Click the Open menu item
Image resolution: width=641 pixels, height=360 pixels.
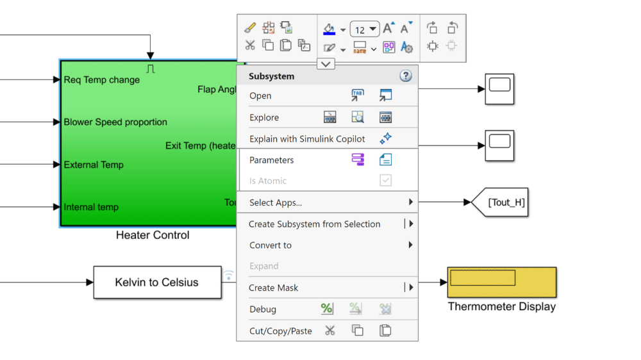(260, 96)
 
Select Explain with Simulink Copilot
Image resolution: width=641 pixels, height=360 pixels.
(307, 139)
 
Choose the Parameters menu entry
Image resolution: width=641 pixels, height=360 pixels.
(272, 160)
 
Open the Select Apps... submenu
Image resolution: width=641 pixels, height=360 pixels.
(276, 202)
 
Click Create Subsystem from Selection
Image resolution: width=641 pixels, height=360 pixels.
(315, 224)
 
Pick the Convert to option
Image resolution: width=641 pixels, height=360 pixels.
(271, 245)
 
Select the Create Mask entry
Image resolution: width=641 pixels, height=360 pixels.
(274, 288)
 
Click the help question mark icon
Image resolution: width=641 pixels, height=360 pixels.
(406, 76)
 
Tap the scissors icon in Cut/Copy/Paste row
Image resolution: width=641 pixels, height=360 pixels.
(329, 331)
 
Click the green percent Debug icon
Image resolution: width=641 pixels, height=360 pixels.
(327, 309)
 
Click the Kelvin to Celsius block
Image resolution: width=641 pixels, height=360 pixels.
(157, 282)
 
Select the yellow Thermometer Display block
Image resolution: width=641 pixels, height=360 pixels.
(501, 282)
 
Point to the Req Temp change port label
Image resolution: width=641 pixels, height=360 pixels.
(101, 80)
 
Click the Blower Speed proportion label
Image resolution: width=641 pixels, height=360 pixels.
(115, 122)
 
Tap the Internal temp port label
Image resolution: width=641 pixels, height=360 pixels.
(91, 207)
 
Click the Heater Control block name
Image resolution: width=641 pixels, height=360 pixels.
(153, 236)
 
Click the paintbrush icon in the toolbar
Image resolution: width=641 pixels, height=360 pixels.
(250, 28)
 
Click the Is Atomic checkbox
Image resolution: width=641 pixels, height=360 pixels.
(385, 181)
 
